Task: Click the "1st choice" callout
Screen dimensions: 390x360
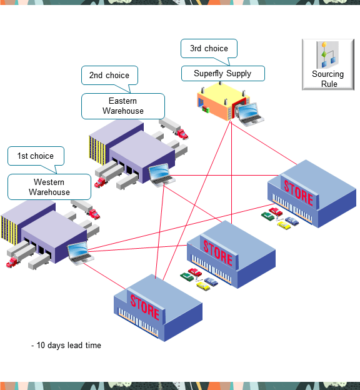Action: [35, 156]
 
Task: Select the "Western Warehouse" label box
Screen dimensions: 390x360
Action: [49, 187]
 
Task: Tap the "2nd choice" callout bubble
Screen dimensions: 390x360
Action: [109, 76]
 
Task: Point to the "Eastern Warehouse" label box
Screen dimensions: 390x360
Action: [123, 106]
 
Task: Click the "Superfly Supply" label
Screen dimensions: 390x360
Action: [222, 74]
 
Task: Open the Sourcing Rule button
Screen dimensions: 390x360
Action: [328, 64]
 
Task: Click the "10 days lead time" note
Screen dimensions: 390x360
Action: [66, 345]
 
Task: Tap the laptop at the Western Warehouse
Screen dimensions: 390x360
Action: [81, 253]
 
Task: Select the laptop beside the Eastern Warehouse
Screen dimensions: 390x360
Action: [161, 173]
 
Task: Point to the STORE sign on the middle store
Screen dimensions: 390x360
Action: [217, 255]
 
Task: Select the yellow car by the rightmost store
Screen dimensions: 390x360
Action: [284, 224]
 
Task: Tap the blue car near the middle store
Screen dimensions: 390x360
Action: [212, 281]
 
